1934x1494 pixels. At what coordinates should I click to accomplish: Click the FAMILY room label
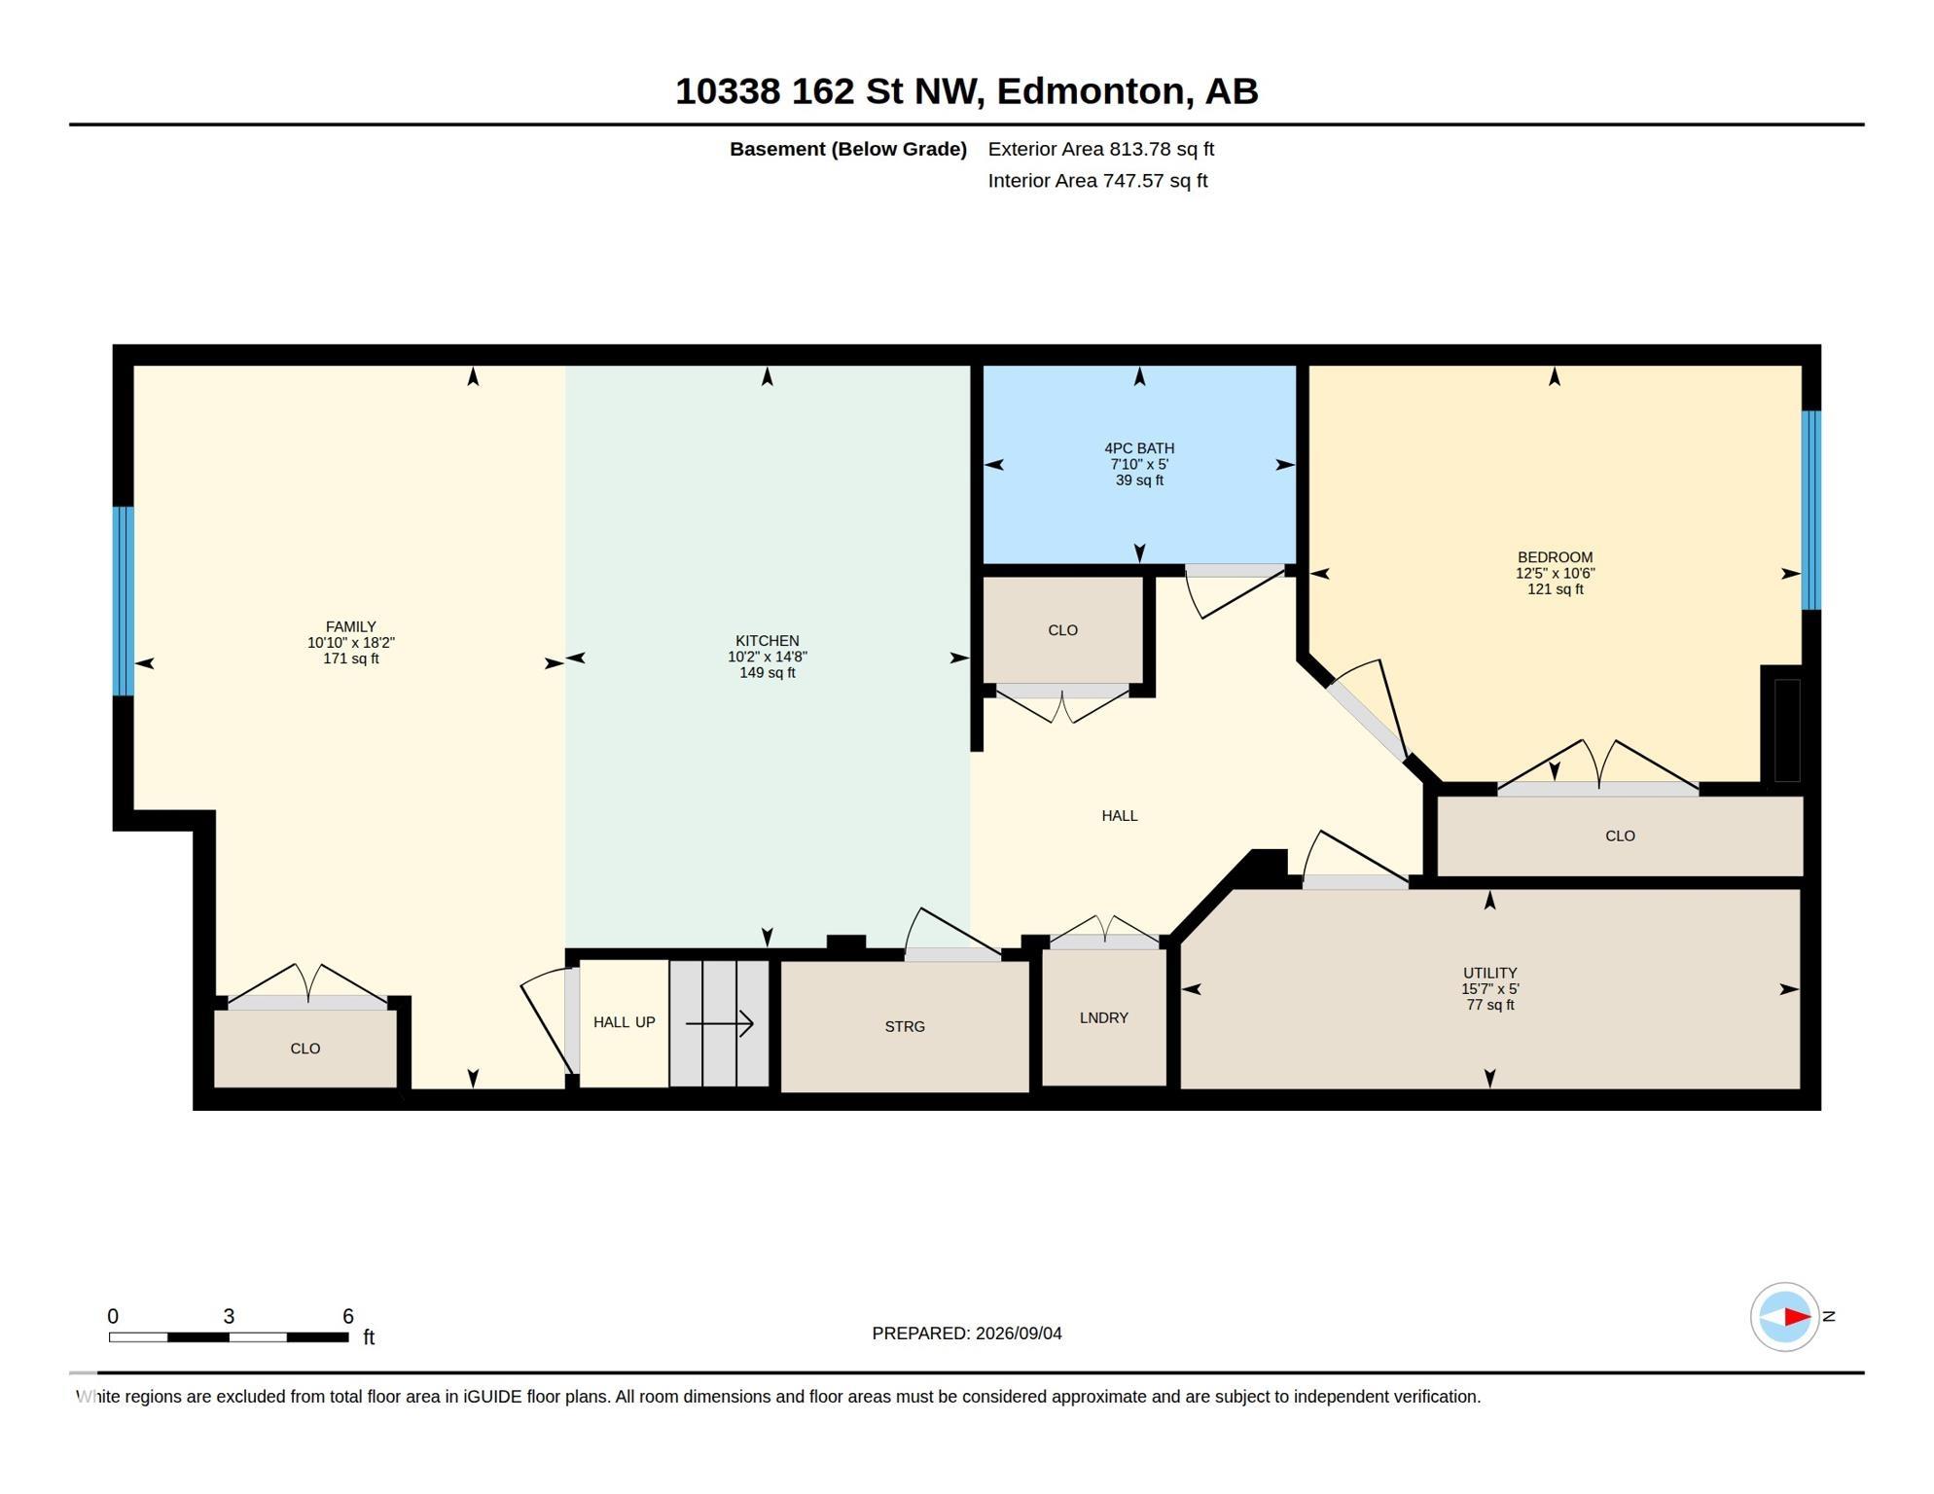(350, 627)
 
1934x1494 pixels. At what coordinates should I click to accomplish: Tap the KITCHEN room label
(768, 641)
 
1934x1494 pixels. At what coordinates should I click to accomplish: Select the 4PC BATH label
(1139, 448)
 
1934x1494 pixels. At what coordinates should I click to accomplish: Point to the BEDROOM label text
(1555, 557)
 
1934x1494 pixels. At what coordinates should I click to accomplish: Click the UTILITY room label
(1490, 973)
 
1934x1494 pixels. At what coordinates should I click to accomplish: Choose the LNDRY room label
(1104, 1017)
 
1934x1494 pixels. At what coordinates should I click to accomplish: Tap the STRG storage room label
(905, 1026)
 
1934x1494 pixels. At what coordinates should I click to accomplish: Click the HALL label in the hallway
(1120, 815)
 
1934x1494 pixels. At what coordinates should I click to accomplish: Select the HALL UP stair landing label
(625, 1022)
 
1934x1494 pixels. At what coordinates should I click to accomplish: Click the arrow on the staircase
(720, 1023)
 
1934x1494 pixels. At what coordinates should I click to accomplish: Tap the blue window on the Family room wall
(124, 601)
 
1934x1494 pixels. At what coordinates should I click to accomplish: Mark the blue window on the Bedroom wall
(1811, 511)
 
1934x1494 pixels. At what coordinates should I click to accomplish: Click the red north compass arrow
(1797, 1317)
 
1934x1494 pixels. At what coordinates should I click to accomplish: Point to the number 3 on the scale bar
(229, 1316)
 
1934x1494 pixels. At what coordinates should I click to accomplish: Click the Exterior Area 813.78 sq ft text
(1101, 149)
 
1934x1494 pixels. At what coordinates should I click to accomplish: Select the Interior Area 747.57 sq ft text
(1097, 181)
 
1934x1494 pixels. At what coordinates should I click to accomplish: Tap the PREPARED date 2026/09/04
(1019, 1334)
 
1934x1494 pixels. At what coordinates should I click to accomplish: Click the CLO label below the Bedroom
(1620, 836)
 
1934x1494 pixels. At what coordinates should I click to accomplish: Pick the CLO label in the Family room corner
(305, 1049)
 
